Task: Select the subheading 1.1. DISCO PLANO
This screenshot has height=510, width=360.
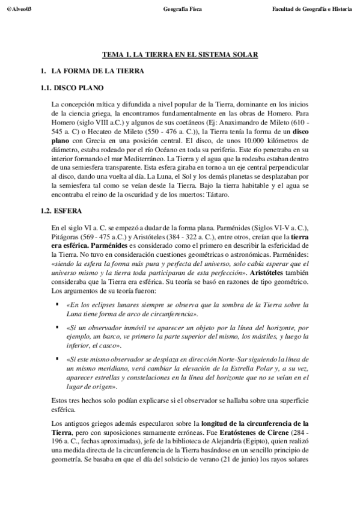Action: pos(73,87)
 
